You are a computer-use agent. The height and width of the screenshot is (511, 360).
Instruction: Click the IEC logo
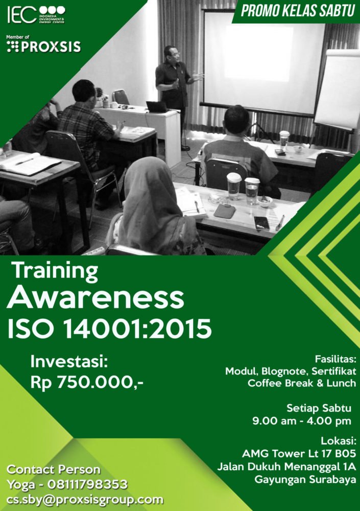tap(36, 15)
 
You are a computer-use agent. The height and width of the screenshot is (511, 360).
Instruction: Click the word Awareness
tap(95, 298)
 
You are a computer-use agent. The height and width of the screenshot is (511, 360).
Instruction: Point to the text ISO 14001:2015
tap(109, 328)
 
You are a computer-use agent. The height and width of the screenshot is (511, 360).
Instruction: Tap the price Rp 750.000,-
tap(87, 382)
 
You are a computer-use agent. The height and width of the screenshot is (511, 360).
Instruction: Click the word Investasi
tap(69, 362)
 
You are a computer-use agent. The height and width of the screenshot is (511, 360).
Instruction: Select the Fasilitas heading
tap(335, 359)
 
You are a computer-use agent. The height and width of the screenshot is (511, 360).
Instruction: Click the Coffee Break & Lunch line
tap(302, 383)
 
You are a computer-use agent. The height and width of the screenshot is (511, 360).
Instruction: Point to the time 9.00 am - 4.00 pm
tap(302, 421)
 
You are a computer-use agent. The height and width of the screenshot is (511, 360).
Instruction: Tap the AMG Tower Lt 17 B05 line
tap(299, 453)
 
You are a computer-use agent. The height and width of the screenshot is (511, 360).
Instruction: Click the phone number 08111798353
tap(87, 484)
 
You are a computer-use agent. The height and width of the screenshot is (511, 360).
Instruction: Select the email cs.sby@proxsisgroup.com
tap(85, 500)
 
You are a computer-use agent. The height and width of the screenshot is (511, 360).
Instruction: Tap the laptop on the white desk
tap(157, 107)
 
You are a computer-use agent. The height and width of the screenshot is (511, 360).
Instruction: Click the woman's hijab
tap(152, 196)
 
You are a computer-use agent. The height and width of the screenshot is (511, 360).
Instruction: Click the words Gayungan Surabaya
tap(305, 479)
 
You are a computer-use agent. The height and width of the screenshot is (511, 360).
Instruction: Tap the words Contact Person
tap(54, 470)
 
